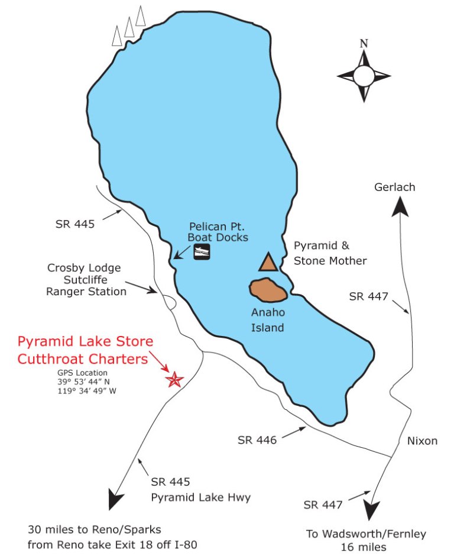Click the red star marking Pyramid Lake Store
174,380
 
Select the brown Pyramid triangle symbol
268,262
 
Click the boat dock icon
202,252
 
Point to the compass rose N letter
364,43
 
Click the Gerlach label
395,188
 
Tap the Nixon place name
422,441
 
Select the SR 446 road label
257,440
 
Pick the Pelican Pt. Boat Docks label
219,232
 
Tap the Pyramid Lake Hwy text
200,497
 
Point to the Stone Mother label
339,261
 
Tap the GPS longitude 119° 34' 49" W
83,391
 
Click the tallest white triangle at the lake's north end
141,17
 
